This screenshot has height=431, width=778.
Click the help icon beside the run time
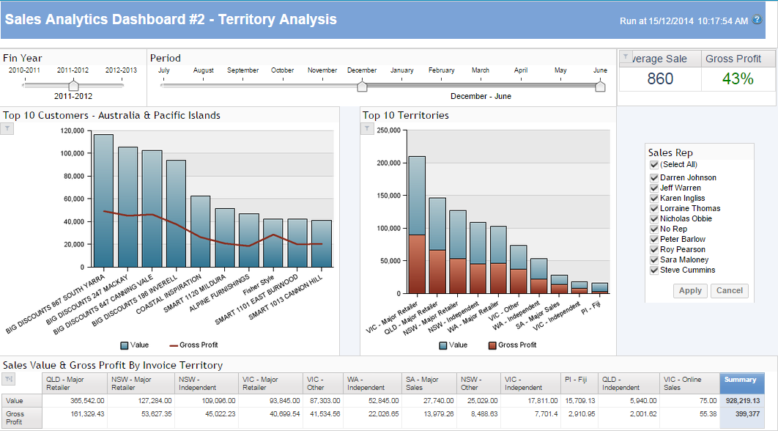click(x=757, y=20)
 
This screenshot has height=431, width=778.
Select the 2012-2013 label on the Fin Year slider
click(x=121, y=70)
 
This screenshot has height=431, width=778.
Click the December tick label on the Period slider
click(x=362, y=70)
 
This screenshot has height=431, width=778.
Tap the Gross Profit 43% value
click(x=738, y=78)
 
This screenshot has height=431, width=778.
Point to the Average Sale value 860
click(x=660, y=78)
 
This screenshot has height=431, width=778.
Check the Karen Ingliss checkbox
click(x=654, y=198)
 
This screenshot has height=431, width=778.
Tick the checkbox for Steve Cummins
click(x=654, y=270)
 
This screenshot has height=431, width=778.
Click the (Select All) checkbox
click(x=654, y=165)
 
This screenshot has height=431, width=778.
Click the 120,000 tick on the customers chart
click(x=71, y=130)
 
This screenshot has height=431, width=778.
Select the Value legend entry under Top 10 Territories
click(x=453, y=345)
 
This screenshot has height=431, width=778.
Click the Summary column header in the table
click(x=741, y=380)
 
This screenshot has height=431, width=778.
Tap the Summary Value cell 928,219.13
click(x=741, y=401)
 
